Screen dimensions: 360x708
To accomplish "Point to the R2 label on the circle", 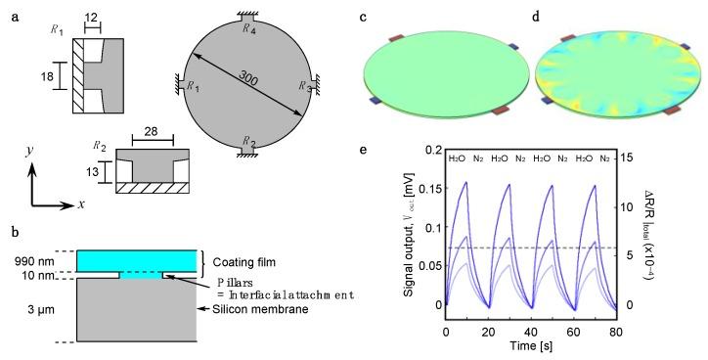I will [x=248, y=141].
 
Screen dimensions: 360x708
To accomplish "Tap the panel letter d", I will [x=533, y=18].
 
